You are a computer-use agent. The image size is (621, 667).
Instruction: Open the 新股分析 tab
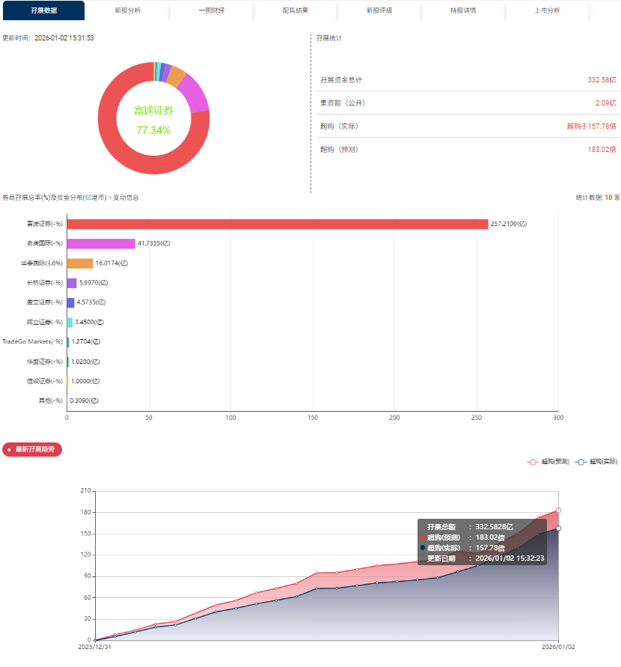tap(127, 10)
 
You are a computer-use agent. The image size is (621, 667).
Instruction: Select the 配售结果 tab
tap(295, 10)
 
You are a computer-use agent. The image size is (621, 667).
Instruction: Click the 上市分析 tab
tap(547, 10)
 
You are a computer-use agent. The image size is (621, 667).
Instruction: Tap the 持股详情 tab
tap(462, 10)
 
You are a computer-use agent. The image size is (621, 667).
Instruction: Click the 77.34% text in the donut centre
tap(153, 130)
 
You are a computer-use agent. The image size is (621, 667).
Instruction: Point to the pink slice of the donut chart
tap(195, 94)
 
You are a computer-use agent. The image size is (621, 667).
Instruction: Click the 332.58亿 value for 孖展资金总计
tap(602, 79)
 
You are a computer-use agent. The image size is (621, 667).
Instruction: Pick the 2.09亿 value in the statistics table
tap(605, 103)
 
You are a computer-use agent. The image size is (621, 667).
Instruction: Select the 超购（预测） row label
tap(339, 149)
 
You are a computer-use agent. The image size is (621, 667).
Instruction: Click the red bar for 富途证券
tap(277, 224)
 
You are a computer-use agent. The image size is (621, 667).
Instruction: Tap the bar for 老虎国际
tap(101, 243)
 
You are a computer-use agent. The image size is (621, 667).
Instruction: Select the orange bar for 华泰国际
tap(79, 263)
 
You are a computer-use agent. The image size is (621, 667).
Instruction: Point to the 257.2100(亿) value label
tap(509, 224)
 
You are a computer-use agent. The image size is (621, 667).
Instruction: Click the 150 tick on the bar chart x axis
tap(312, 418)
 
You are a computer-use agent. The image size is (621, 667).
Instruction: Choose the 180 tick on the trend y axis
tap(85, 512)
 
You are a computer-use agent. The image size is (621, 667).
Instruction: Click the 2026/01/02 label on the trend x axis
tap(558, 647)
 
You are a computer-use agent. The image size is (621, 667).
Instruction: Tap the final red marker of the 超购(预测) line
tap(558, 511)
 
